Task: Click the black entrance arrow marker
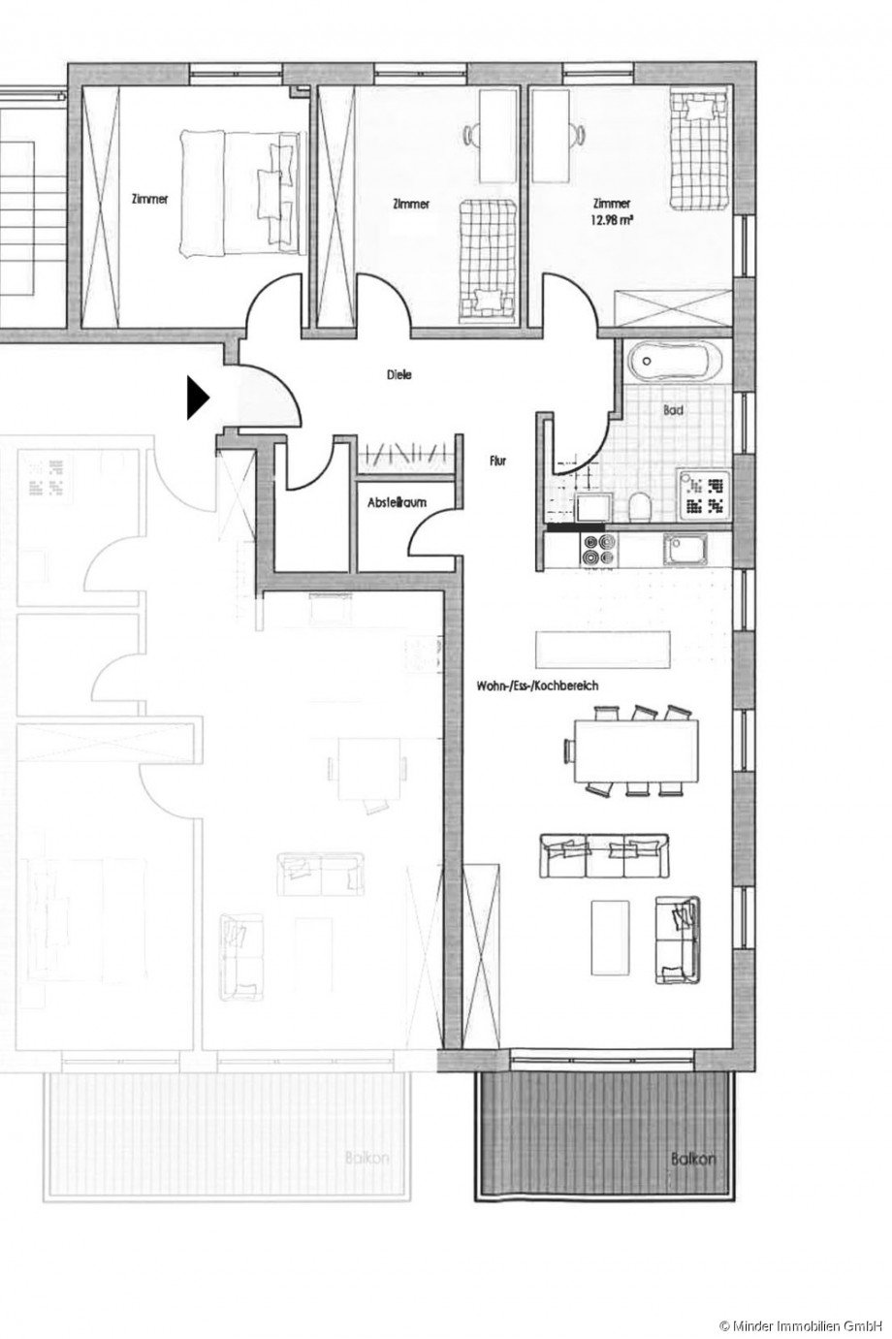point(197,398)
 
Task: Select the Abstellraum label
point(398,503)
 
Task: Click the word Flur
point(498,462)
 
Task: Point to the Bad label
point(674,410)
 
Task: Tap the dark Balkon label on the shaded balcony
point(692,1158)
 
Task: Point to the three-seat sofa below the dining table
point(601,855)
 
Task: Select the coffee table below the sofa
point(611,937)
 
